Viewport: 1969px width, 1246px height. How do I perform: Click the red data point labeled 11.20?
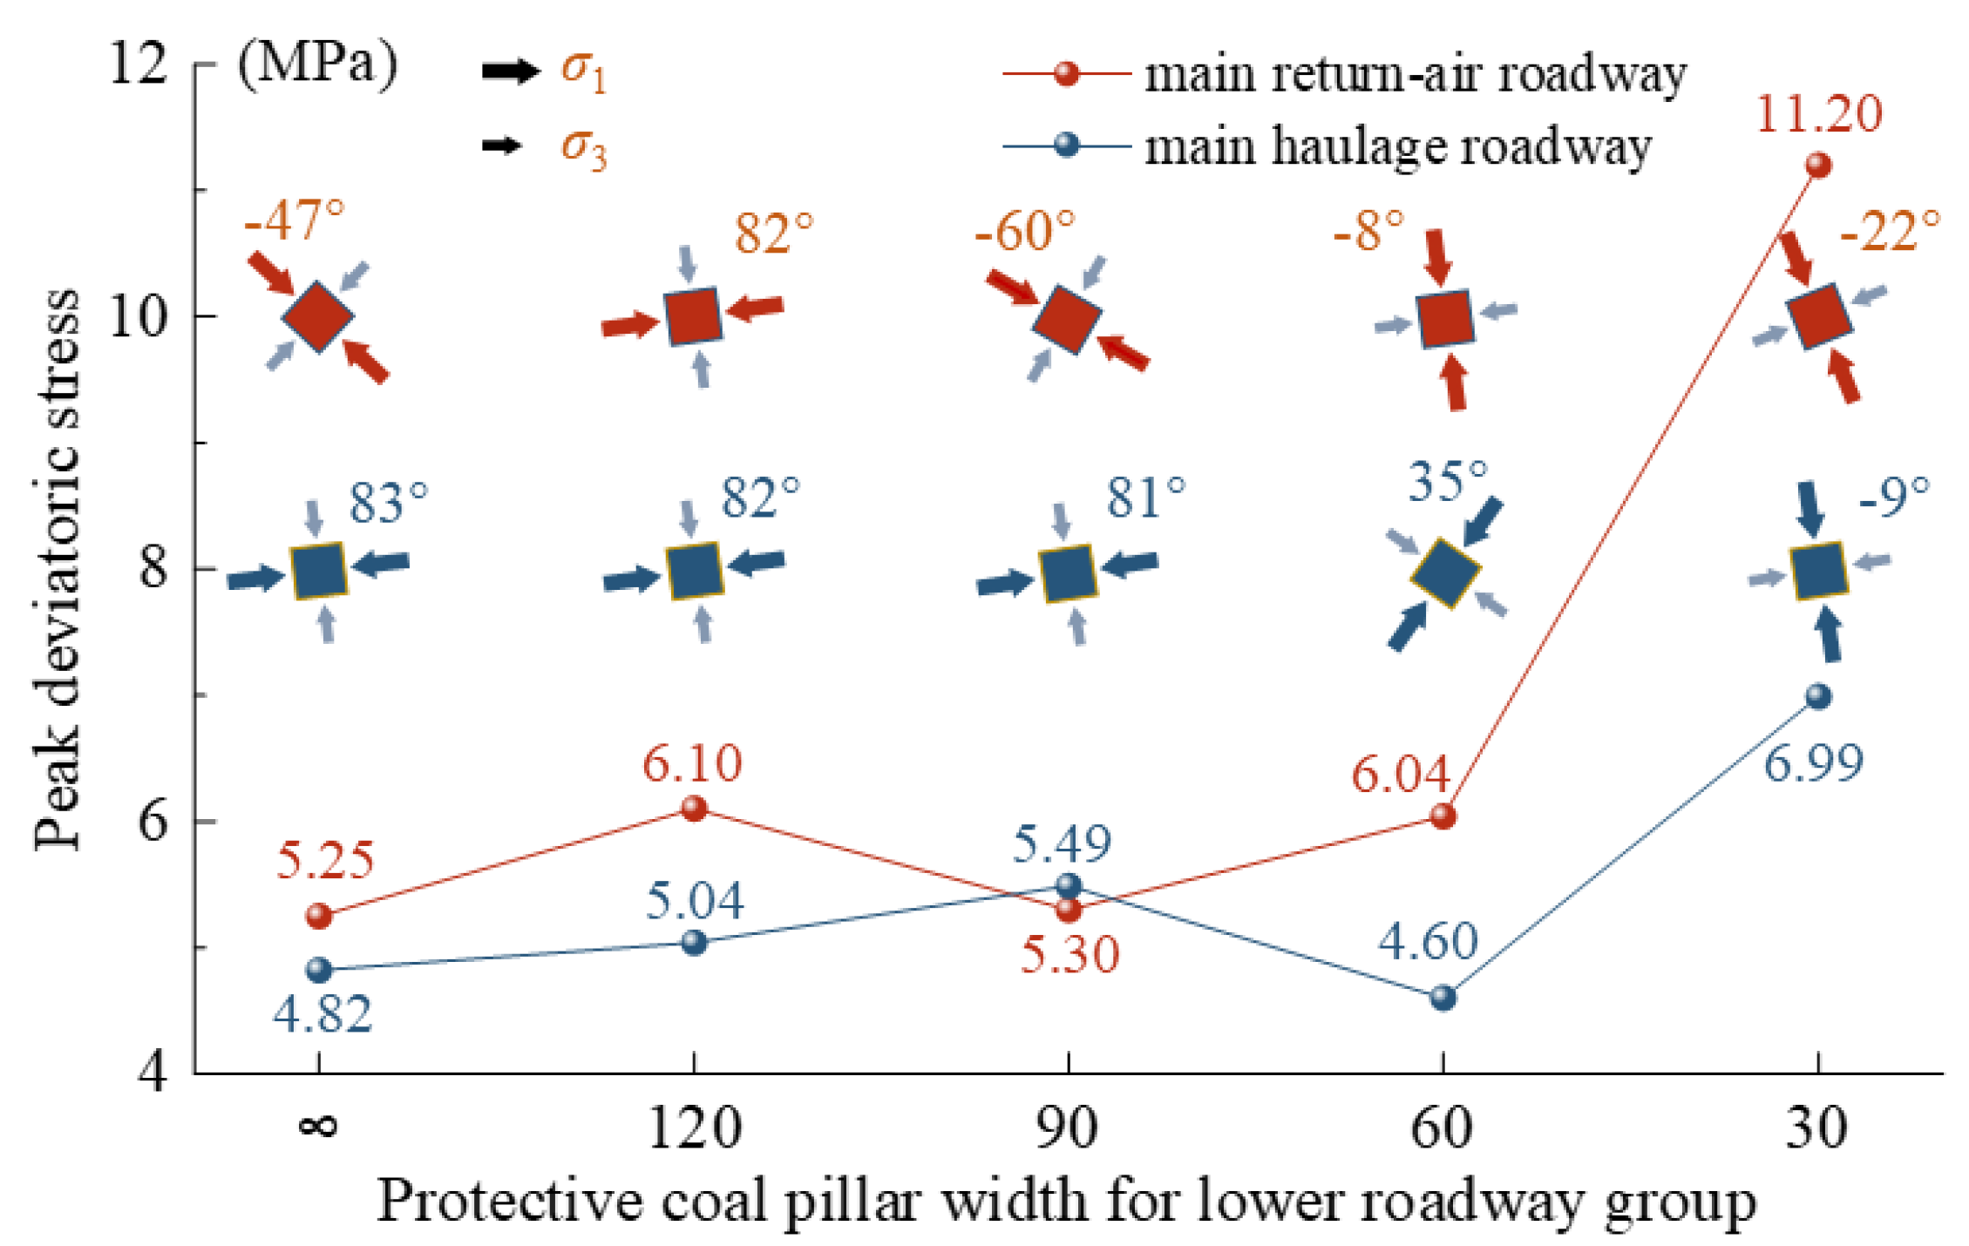coord(1817,165)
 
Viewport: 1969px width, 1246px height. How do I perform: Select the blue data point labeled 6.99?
coord(1817,696)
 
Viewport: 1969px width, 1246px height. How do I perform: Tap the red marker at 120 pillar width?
coord(694,809)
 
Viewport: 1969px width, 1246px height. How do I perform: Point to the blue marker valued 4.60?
coord(1443,997)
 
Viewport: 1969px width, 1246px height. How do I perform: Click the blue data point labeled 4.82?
coord(319,969)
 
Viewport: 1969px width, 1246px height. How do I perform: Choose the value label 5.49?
coord(1062,843)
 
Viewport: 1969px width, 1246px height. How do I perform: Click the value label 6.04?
coord(1401,774)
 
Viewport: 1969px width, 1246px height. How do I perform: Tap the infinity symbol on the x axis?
coord(318,1127)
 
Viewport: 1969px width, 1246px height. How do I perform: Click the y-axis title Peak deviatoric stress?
coord(58,570)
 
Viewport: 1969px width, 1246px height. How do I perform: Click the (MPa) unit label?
coord(317,64)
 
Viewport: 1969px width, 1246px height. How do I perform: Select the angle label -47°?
coord(295,220)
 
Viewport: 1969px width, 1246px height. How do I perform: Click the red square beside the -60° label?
coord(1066,319)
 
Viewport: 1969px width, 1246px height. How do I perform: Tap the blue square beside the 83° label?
coord(319,571)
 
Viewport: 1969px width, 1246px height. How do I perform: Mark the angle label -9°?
coord(1893,497)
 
